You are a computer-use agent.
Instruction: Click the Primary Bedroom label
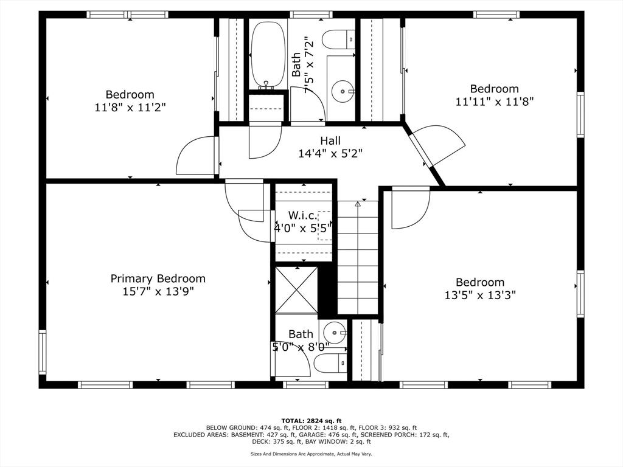point(158,278)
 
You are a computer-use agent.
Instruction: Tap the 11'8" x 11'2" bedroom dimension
point(130,107)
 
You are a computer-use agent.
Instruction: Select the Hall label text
point(330,140)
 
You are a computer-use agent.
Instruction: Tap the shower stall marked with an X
point(296,289)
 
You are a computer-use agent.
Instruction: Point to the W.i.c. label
point(303,216)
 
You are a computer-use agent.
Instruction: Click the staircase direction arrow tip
point(358,203)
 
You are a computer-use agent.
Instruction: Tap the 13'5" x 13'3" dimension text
point(480,296)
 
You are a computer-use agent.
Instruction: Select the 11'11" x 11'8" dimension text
point(494,102)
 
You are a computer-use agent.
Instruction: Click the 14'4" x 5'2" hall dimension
point(330,153)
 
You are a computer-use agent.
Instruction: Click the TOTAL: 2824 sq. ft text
point(311,421)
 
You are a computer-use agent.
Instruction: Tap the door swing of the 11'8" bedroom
point(197,155)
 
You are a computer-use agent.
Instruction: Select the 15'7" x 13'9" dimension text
point(158,292)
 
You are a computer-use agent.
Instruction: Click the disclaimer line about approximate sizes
point(311,454)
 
